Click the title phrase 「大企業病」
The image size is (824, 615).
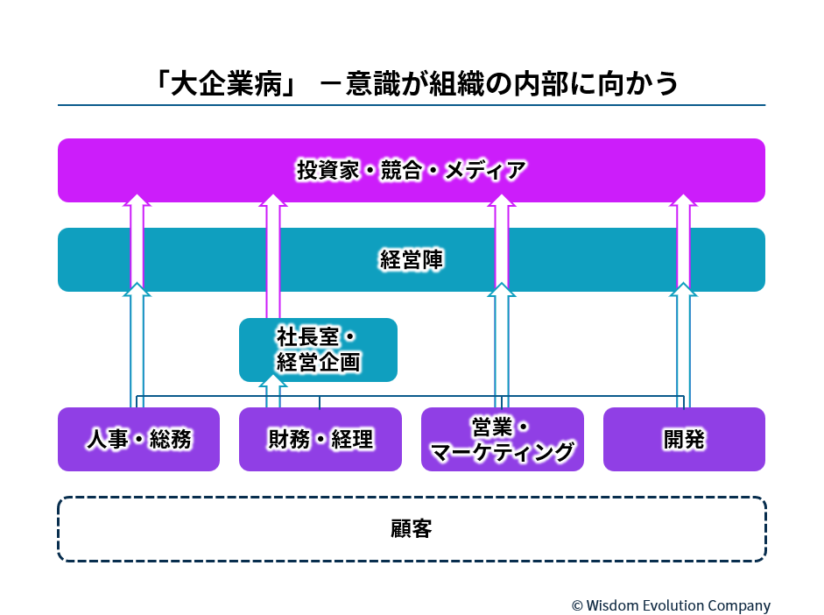click(226, 83)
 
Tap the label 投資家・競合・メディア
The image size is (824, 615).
click(412, 170)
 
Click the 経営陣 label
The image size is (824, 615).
click(412, 259)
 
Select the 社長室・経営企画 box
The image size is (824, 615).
click(318, 350)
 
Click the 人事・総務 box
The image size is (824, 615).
click(138, 440)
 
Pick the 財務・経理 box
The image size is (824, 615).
click(320, 440)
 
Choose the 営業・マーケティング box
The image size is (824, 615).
click(503, 440)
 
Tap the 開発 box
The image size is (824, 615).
click(684, 440)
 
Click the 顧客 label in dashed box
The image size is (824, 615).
click(412, 529)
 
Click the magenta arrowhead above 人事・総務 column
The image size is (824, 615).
click(137, 201)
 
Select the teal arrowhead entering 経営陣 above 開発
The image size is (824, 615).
click(683, 289)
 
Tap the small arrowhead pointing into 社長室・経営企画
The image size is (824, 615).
click(273, 380)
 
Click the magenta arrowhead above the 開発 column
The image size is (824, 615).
click(683, 201)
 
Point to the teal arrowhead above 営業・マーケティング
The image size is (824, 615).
click(502, 289)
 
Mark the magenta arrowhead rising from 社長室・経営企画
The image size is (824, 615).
click(273, 201)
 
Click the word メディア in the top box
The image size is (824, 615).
click(485, 170)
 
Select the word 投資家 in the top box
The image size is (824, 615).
click(327, 170)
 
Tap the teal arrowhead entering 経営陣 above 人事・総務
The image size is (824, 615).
click(137, 289)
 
